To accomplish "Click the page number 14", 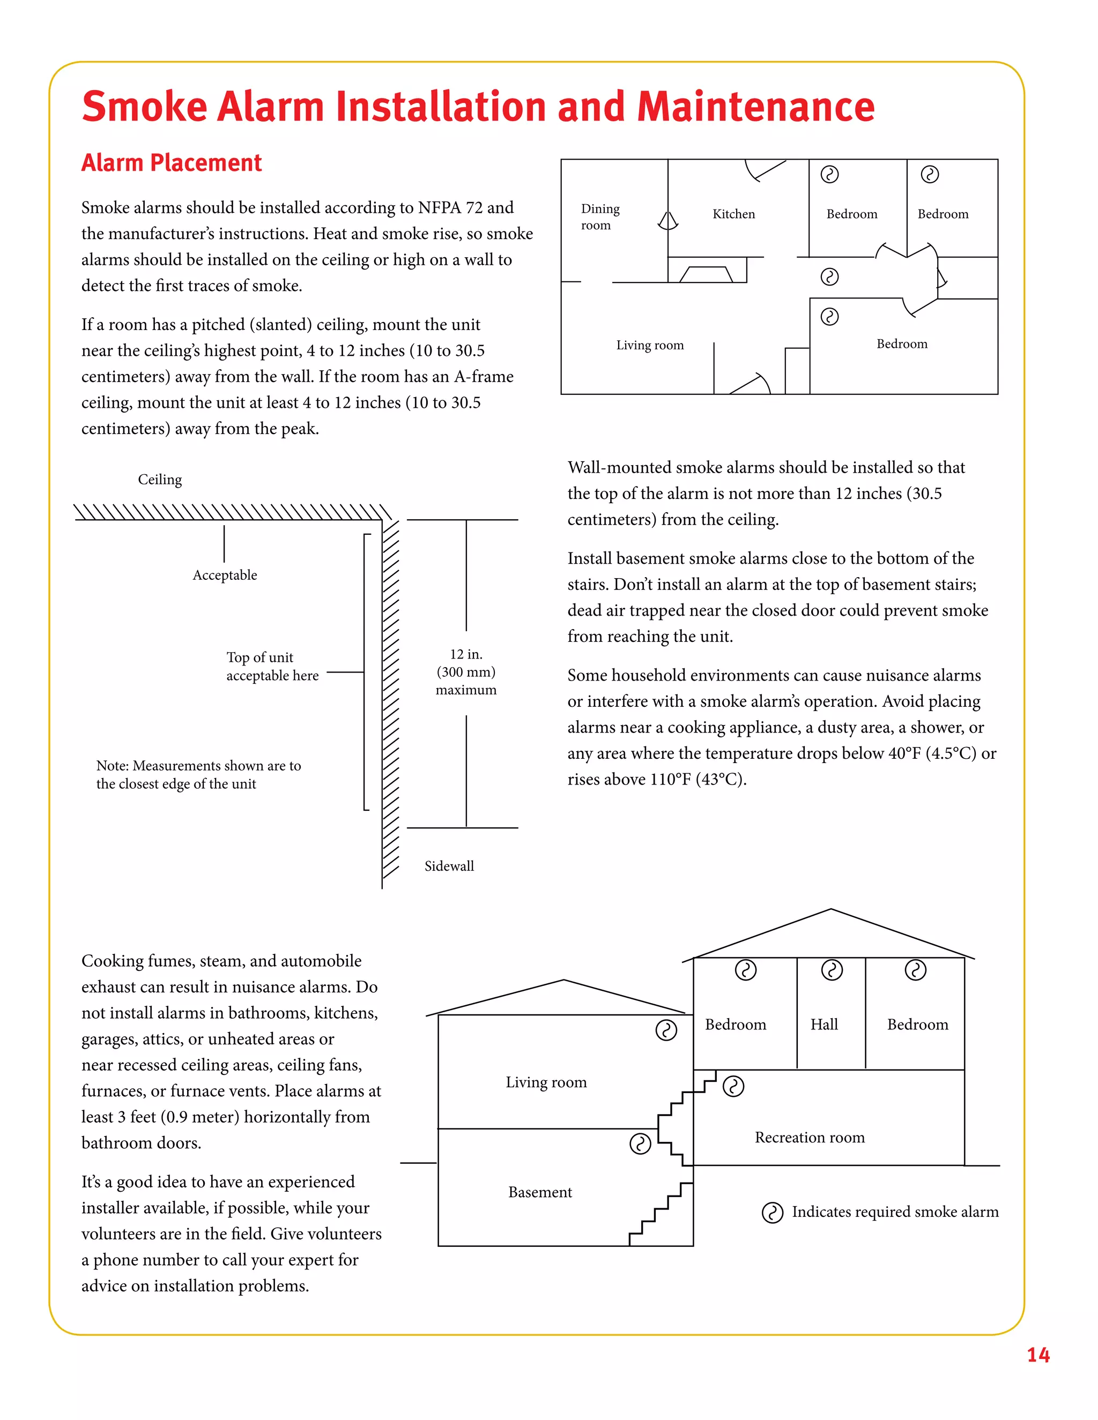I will pos(1037,1355).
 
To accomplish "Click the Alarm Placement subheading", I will pos(171,162).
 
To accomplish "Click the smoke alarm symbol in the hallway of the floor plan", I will pos(829,277).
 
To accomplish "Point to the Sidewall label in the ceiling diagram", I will pos(449,866).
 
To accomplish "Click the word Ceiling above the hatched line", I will pos(159,480).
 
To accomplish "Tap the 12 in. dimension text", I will pos(466,655).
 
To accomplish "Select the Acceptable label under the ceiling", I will pos(225,576).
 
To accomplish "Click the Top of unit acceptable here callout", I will pos(272,667).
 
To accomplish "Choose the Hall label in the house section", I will pos(823,1025).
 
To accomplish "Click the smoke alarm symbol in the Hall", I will pos(832,970).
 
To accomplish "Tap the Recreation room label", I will pos(809,1137).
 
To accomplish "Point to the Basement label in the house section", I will pos(540,1192).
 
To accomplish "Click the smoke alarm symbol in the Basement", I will pos(640,1144).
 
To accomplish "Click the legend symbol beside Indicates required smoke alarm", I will pos(772,1213).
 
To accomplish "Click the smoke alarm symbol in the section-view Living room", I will pos(665,1030).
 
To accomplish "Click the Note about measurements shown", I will pos(198,774).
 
